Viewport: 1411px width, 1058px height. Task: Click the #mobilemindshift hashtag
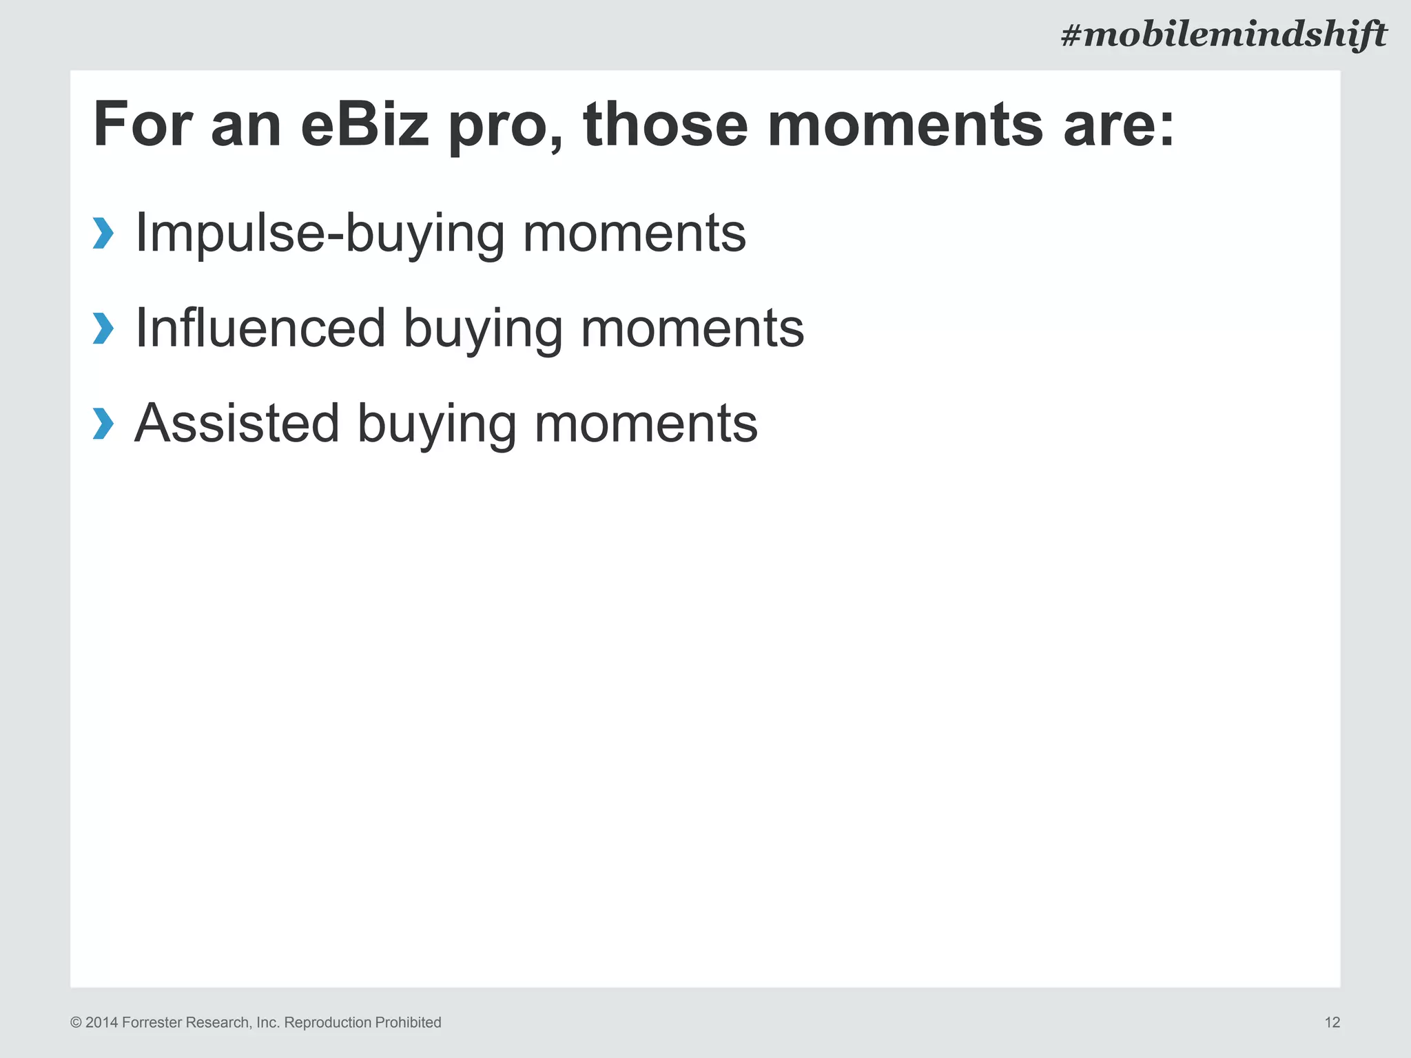(1224, 34)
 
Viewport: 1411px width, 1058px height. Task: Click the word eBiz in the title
(364, 125)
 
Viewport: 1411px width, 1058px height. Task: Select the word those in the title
(665, 125)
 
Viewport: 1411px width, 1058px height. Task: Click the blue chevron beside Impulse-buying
(103, 233)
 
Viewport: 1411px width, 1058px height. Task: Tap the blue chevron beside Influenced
(103, 328)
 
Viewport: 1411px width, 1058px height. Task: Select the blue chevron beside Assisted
(103, 423)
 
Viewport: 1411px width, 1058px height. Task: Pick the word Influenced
(260, 328)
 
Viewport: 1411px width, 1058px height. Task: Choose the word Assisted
(236, 423)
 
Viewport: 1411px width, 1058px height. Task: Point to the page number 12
(1332, 1022)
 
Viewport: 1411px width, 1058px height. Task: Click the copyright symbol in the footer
(76, 1023)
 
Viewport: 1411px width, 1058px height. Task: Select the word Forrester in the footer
(152, 1022)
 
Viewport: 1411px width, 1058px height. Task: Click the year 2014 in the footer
(101, 1022)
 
